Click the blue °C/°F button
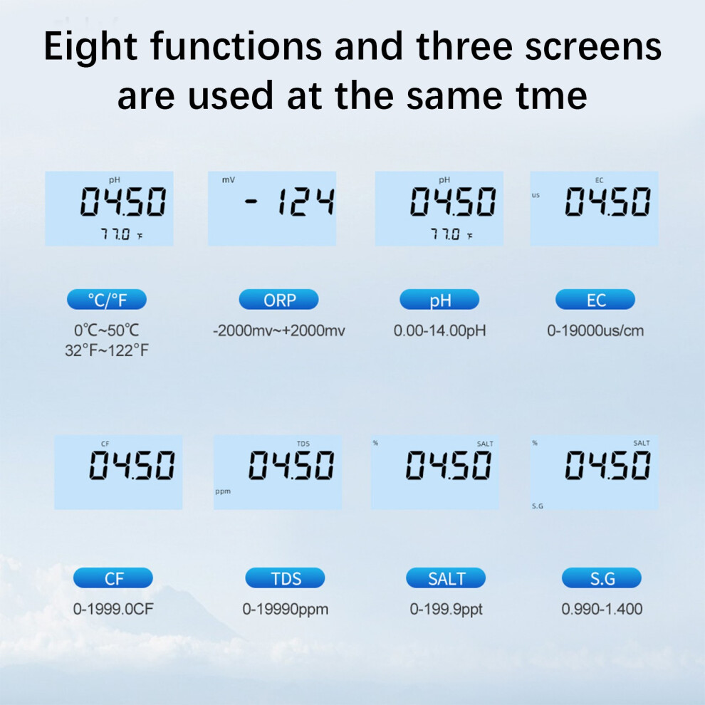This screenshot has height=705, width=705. (x=107, y=299)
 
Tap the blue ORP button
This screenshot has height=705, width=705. (x=278, y=299)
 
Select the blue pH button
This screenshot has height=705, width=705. (x=439, y=299)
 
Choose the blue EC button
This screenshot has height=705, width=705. (x=595, y=299)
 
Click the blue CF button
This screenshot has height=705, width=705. (x=113, y=578)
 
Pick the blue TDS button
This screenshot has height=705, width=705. (x=285, y=578)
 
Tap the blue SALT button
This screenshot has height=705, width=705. (x=446, y=578)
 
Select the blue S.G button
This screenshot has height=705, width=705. (x=602, y=578)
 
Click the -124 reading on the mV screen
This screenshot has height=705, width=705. (x=290, y=201)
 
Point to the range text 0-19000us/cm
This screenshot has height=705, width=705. (x=595, y=331)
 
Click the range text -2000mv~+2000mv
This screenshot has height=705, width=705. (x=278, y=331)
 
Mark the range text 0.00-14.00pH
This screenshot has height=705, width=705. (x=439, y=331)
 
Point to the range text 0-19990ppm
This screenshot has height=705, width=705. (x=286, y=610)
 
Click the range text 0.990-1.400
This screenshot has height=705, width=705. (x=602, y=610)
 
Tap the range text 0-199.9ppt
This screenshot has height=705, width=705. (x=446, y=610)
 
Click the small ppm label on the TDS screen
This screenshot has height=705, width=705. (x=223, y=491)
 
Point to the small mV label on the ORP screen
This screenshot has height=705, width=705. (x=229, y=180)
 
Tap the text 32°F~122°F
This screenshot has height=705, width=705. (x=107, y=350)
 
